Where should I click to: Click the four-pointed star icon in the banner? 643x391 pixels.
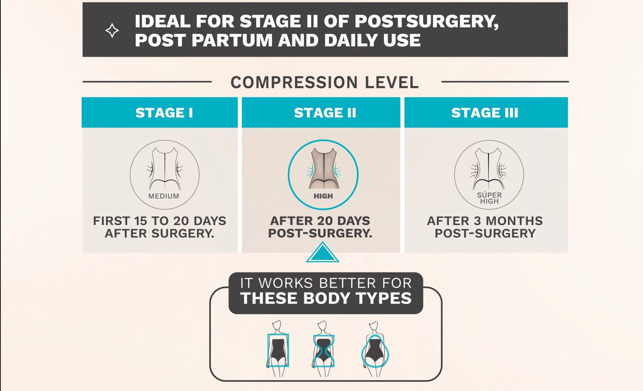coord(112,31)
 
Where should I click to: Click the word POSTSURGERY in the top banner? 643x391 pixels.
coord(427,21)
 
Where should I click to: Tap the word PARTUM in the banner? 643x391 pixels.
coord(232,40)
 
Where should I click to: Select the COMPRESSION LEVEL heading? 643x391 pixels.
coord(325,82)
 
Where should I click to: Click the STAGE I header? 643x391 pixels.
coord(164,113)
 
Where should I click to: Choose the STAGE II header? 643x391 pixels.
coord(325,113)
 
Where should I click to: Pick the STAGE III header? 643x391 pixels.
coord(485,113)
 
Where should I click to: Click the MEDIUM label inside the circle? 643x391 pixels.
coord(164,196)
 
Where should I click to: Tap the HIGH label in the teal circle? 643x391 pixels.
coord(323,196)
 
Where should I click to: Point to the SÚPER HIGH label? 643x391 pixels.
coord(489,198)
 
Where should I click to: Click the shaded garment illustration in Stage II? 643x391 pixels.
coord(324,168)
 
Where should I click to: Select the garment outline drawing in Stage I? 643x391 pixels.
coord(165,169)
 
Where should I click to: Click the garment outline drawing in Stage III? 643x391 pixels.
coord(488,169)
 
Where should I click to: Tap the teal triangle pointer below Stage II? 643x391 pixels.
coord(323,252)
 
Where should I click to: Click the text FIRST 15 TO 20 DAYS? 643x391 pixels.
coord(160,221)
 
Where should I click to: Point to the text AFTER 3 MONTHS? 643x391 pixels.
coord(485,221)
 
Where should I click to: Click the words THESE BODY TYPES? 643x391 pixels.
coord(326,298)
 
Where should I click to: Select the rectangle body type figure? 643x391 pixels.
coord(278,349)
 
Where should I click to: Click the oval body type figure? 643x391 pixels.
coord(375,349)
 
